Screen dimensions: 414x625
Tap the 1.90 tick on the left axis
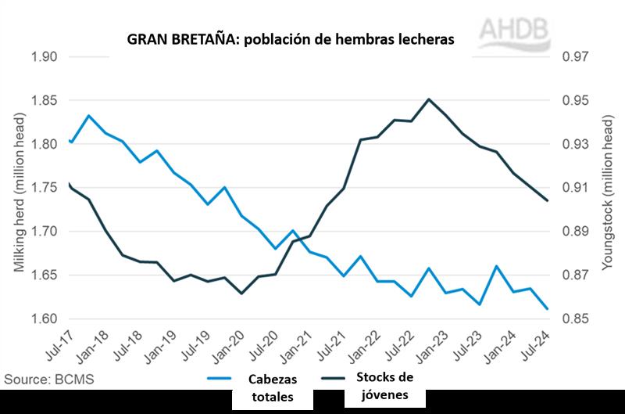[x=45, y=57]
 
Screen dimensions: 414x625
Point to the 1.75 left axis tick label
[x=45, y=188]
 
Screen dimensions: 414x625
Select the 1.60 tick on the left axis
[x=45, y=319]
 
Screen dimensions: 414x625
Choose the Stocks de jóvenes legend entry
[x=384, y=386]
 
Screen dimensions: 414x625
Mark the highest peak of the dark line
[x=429, y=99]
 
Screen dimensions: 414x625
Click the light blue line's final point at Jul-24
[x=547, y=309]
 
